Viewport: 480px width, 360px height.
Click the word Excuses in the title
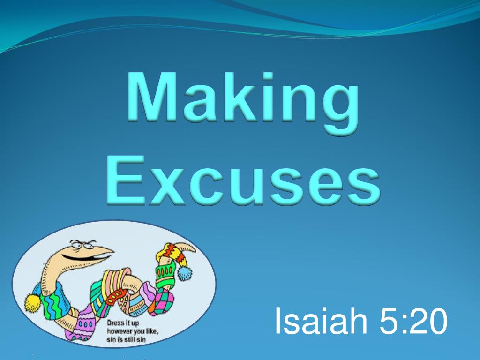point(242,180)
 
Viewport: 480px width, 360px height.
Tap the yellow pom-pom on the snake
point(33,302)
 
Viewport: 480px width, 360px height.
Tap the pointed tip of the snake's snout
point(112,255)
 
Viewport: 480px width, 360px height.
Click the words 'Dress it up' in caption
point(123,323)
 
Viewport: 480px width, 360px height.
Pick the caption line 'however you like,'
point(133,331)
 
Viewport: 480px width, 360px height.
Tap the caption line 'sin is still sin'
point(127,340)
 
